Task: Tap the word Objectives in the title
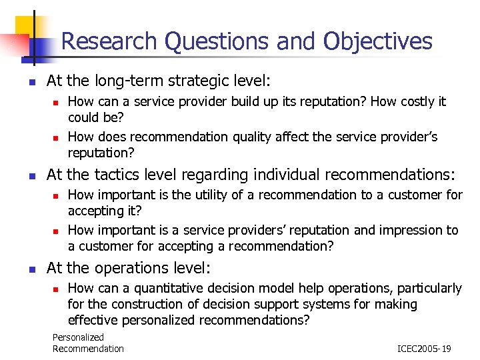tap(378, 41)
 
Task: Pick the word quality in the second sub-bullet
tap(253, 137)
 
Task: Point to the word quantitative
tap(173, 288)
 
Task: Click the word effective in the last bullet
tap(92, 320)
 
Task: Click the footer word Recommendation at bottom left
tap(88, 349)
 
